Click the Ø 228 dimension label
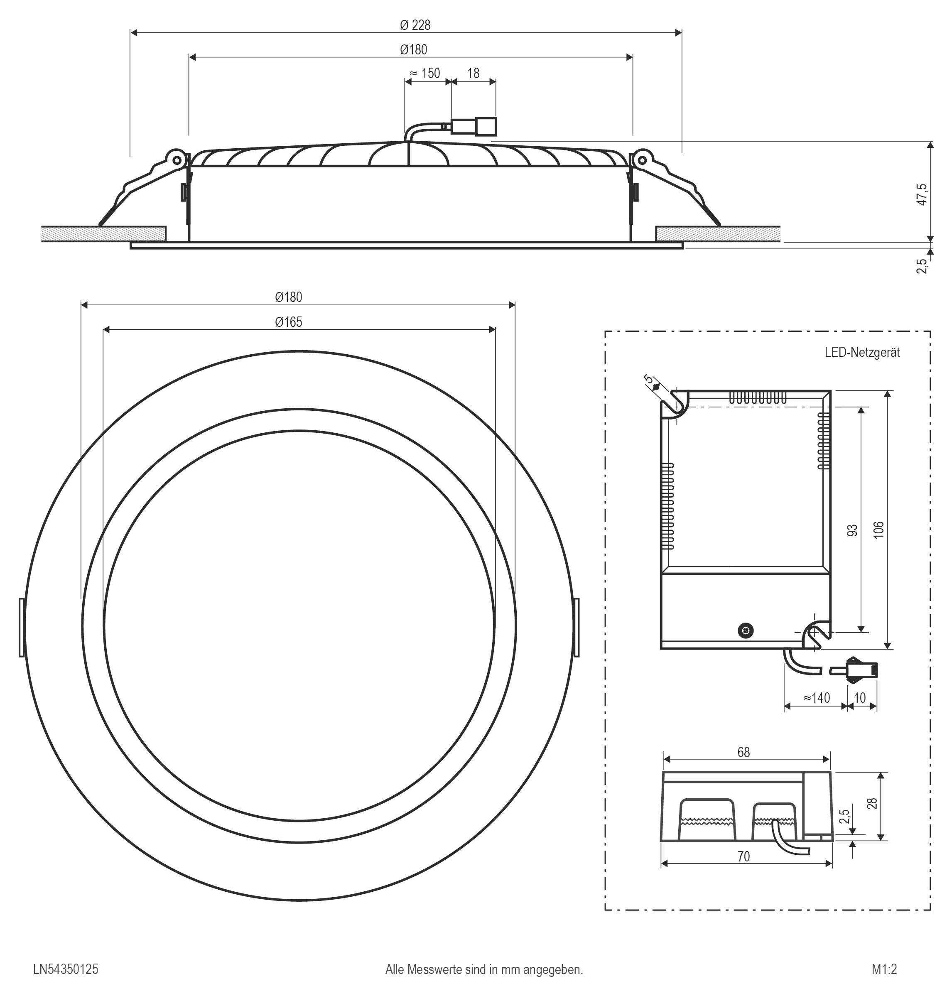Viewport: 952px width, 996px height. pyautogui.click(x=415, y=25)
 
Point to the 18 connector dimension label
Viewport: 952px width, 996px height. pyautogui.click(x=473, y=74)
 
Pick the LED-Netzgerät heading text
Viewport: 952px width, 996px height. pyautogui.click(x=862, y=352)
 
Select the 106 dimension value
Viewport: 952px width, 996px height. pyautogui.click(x=878, y=529)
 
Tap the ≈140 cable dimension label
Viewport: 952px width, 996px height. pyautogui.click(x=817, y=698)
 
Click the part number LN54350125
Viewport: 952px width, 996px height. pyautogui.click(x=66, y=969)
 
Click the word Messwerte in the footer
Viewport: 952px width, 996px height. pyautogui.click(x=434, y=969)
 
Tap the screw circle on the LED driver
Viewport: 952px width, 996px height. pyautogui.click(x=746, y=630)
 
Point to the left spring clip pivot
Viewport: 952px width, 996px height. pyautogui.click(x=177, y=160)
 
